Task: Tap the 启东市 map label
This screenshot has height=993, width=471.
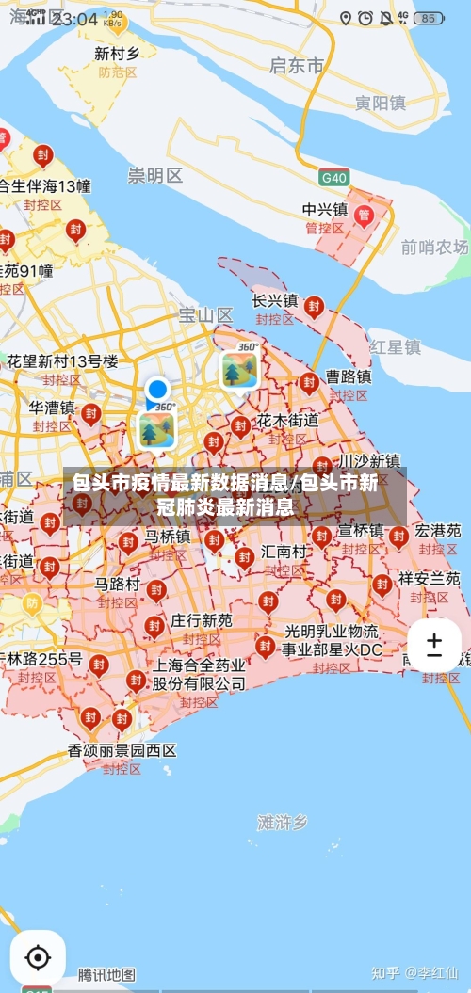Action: pyautogui.click(x=296, y=65)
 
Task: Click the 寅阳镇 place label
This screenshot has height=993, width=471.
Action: pyautogui.click(x=380, y=103)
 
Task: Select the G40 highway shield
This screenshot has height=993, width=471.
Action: pyautogui.click(x=333, y=177)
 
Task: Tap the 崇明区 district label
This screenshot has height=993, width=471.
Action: pyautogui.click(x=155, y=175)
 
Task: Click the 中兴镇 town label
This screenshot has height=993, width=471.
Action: pyautogui.click(x=325, y=209)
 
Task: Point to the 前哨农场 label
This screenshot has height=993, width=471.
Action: pyautogui.click(x=434, y=247)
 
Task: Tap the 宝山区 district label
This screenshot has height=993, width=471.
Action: pyautogui.click(x=206, y=315)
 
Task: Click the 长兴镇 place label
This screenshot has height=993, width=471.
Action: pyautogui.click(x=275, y=301)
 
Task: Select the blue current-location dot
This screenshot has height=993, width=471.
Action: pyautogui.click(x=157, y=389)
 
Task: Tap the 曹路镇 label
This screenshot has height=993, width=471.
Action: pyautogui.click(x=349, y=376)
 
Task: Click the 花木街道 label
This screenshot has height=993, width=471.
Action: pyautogui.click(x=288, y=420)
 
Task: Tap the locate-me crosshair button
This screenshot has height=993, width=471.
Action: pyautogui.click(x=38, y=958)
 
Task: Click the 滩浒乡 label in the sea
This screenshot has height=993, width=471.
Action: pyautogui.click(x=283, y=822)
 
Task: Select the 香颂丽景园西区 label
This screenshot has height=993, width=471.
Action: pyautogui.click(x=122, y=750)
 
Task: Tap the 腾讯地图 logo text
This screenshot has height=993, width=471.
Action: pyautogui.click(x=106, y=974)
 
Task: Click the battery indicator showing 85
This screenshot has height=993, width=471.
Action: pyautogui.click(x=429, y=18)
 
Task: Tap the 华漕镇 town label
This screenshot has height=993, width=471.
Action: pyautogui.click(x=52, y=408)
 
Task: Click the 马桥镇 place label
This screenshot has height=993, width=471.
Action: pyautogui.click(x=168, y=537)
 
